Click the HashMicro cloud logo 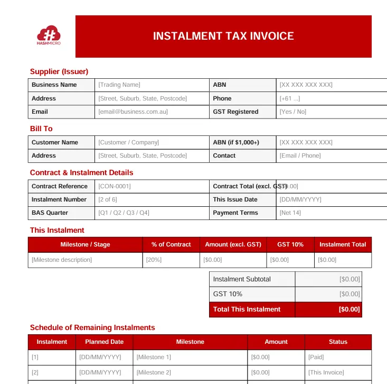point(49,35)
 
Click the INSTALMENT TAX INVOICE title point(223,36)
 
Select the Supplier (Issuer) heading point(59,71)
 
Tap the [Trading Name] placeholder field point(119,85)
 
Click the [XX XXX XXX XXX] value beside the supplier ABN point(306,85)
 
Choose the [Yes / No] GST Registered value point(293,112)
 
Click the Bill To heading point(41,129)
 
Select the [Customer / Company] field point(129,142)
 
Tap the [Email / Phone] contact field point(300,156)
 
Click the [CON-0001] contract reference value point(115,186)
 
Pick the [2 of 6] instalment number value point(108,199)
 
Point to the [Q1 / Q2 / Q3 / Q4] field point(124,213)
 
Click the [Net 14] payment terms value point(290,213)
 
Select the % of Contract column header point(171,244)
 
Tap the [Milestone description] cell point(62,260)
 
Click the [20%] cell point(154,260)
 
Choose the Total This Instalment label point(247,309)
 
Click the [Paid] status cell point(316,357)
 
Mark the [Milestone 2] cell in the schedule point(154,372)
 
